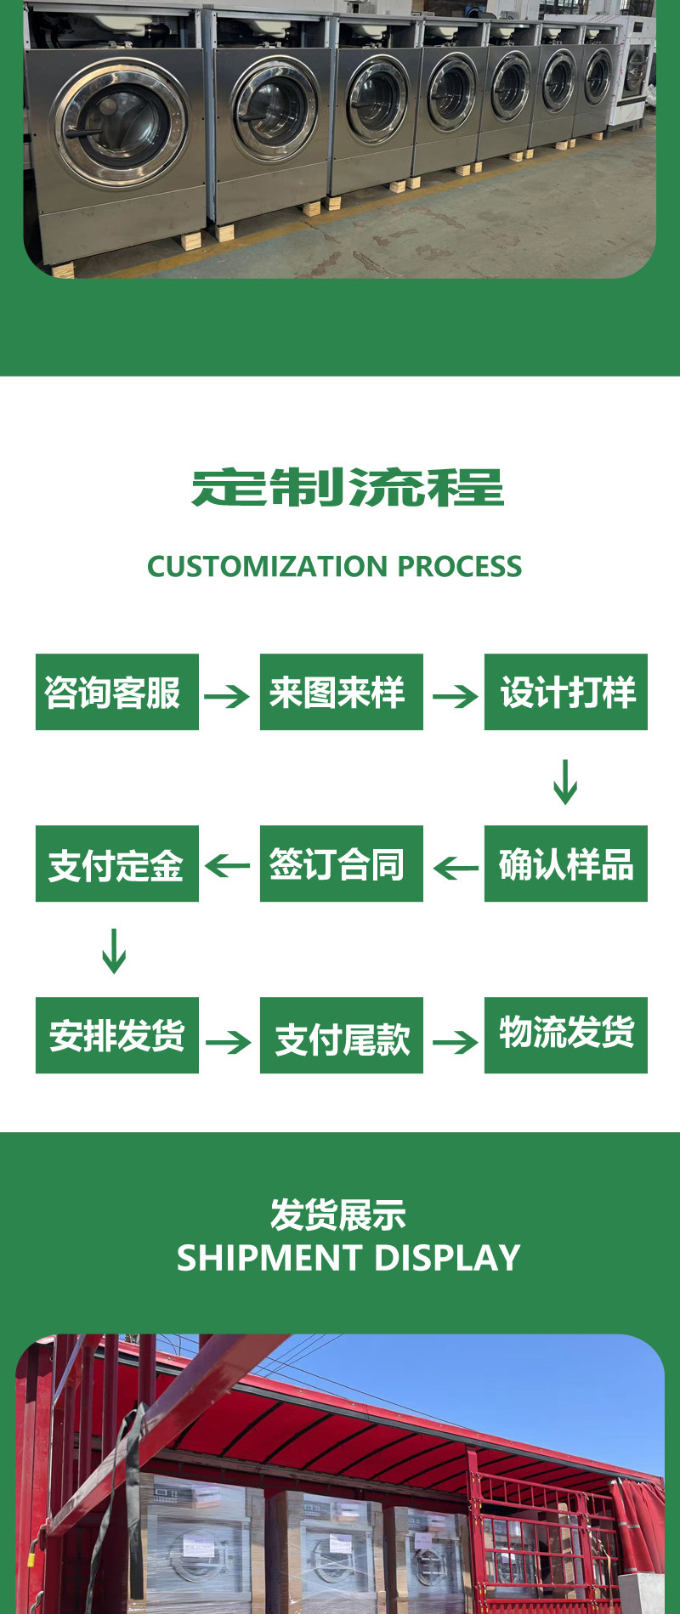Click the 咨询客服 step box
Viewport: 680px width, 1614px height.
[x=116, y=692]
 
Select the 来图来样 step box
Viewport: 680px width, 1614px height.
[x=341, y=692]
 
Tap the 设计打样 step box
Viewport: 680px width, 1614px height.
[x=565, y=692]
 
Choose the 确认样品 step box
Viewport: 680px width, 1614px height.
[x=565, y=864]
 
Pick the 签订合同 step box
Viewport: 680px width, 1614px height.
[x=341, y=864]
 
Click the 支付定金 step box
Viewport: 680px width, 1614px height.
[x=116, y=864]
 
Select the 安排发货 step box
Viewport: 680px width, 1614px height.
[x=116, y=1035]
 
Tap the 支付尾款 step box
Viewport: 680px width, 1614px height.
[x=341, y=1035]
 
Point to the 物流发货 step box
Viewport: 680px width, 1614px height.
[x=565, y=1035]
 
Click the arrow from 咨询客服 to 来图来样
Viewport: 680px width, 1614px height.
[x=227, y=697]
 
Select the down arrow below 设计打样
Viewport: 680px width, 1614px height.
[x=565, y=782]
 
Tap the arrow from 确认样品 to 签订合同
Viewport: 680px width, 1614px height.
[x=456, y=868]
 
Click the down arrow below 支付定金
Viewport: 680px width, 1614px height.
[x=114, y=951]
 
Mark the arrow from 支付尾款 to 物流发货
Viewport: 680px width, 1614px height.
[x=456, y=1042]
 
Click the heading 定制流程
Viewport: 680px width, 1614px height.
[x=347, y=488]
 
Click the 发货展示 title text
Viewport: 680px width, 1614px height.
[x=337, y=1215]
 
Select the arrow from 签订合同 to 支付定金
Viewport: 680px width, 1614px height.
[x=228, y=867]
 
